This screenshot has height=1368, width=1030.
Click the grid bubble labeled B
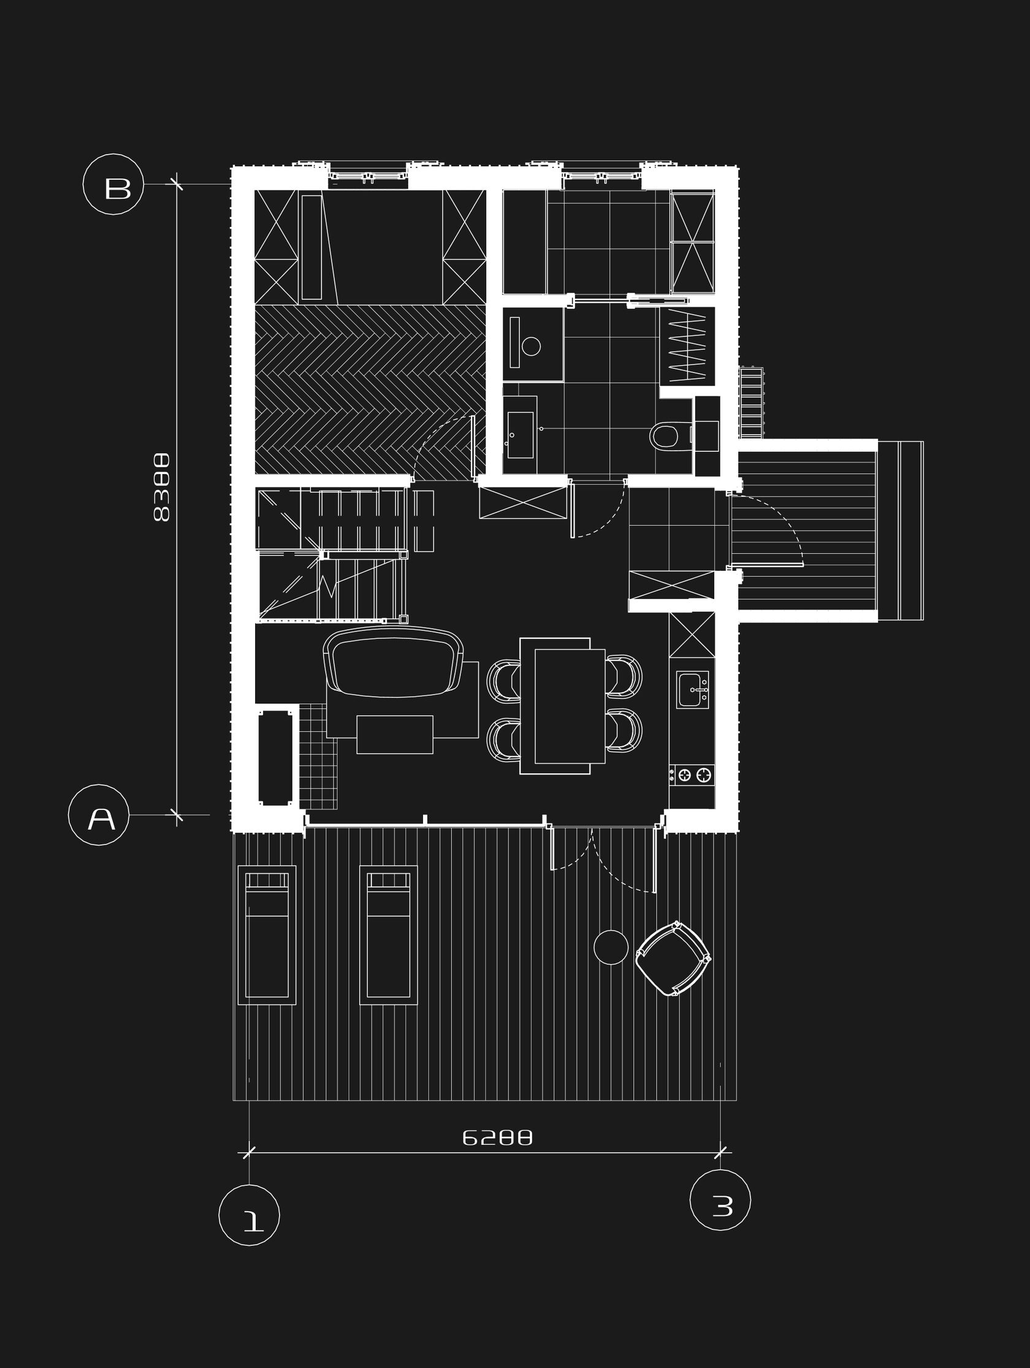point(113,185)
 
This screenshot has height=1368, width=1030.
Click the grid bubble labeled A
point(99,815)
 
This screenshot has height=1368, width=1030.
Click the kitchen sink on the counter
point(692,689)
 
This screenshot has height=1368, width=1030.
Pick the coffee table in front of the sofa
point(394,734)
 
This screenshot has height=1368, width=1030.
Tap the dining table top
point(570,706)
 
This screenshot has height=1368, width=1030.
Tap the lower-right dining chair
point(624,730)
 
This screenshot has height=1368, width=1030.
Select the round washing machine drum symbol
point(531,346)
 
